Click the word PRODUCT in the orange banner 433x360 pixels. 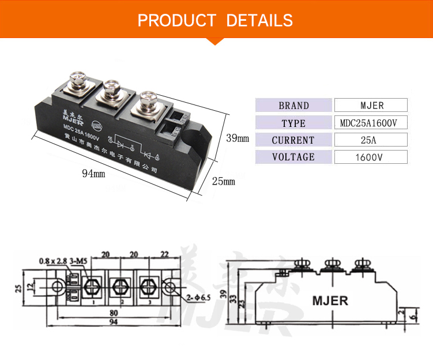(176, 20)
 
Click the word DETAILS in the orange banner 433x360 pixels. (259, 20)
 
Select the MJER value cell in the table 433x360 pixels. (371, 106)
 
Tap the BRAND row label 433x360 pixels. (293, 106)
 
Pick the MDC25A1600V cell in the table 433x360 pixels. (371, 123)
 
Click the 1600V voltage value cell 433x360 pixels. (371, 157)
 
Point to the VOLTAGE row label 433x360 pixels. (293, 157)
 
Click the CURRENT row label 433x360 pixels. (293, 140)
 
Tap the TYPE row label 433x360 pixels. (293, 123)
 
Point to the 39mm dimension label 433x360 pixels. (237, 138)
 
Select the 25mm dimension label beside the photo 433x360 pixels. (223, 181)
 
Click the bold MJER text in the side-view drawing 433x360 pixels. (330, 300)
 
